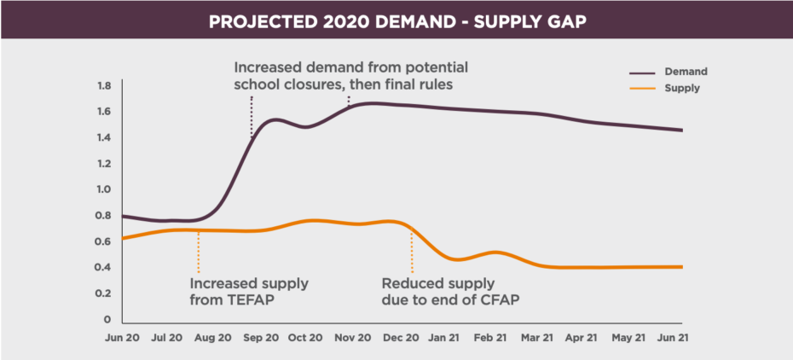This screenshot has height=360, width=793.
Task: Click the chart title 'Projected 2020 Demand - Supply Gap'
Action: click(x=396, y=20)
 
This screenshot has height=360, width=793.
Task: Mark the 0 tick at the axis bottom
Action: click(x=107, y=319)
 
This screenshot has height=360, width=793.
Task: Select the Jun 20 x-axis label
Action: click(x=121, y=339)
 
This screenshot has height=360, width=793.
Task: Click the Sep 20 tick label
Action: click(x=261, y=339)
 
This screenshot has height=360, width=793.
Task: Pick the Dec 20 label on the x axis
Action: click(x=401, y=339)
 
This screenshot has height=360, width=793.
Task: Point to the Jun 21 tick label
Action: click(x=672, y=339)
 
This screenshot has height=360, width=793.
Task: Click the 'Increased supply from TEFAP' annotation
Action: click(x=249, y=291)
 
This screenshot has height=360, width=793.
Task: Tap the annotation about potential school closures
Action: click(x=351, y=75)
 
